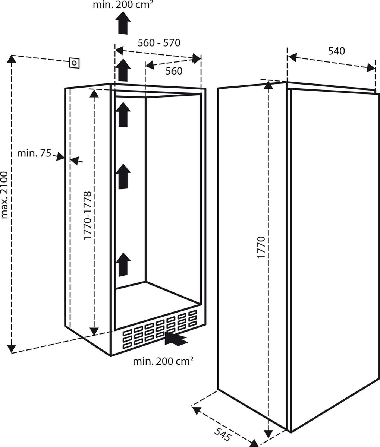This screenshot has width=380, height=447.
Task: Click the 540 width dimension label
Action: (336, 51)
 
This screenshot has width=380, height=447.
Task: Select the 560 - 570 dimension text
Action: (159, 43)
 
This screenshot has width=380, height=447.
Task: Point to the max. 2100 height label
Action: (4, 195)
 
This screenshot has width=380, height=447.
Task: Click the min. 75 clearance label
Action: (34, 153)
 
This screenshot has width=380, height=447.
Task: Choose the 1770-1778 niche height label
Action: (88, 215)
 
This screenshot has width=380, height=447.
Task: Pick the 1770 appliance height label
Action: (261, 247)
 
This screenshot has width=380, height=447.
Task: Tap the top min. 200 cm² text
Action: (123, 5)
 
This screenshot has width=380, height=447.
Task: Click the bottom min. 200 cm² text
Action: (163, 361)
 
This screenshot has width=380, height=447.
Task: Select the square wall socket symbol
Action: (74, 63)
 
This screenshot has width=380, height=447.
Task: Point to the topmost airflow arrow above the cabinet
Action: (123, 23)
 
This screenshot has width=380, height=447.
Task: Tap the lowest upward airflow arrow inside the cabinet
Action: (123, 264)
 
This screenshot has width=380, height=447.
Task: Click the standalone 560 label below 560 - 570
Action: (174, 71)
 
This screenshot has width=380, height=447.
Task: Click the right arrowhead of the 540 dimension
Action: (371, 68)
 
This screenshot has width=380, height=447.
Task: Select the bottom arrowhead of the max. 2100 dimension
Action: (12, 349)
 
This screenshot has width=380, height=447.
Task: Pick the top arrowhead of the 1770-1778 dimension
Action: (94, 93)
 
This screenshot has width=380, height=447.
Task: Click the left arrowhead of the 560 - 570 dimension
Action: (119, 51)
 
